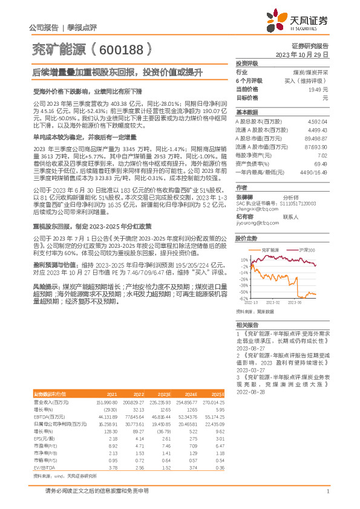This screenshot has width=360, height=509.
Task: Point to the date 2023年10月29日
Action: point(301,54)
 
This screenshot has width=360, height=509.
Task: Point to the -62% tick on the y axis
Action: point(244,298)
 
